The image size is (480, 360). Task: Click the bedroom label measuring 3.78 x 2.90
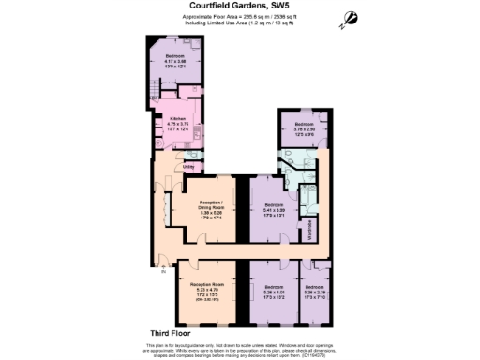(x=304, y=125)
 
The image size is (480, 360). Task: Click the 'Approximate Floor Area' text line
(x=239, y=17)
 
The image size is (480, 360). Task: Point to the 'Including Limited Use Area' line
(x=239, y=24)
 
